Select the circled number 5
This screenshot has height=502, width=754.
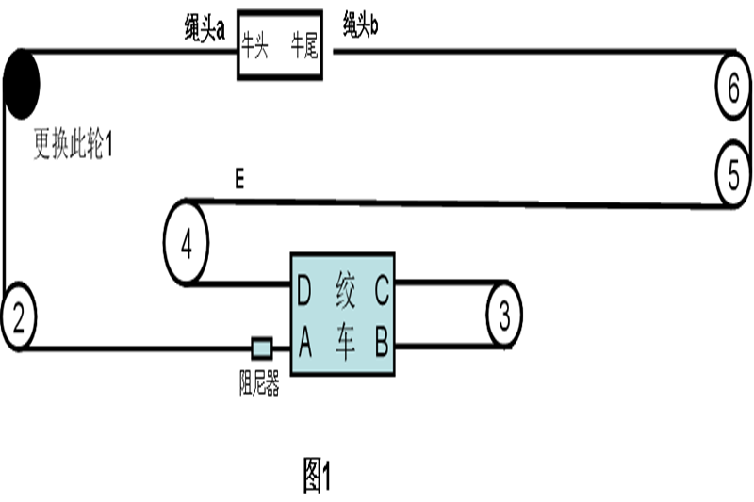[x=733, y=173]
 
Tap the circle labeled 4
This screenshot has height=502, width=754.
[x=186, y=245]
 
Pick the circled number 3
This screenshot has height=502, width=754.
[x=504, y=315]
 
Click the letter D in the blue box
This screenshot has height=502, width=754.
[x=303, y=293]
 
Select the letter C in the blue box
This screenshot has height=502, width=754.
[x=381, y=293]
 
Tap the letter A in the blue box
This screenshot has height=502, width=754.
[x=304, y=345]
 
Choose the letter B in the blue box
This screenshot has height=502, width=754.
[x=381, y=345]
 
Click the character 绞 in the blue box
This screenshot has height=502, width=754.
[x=345, y=293]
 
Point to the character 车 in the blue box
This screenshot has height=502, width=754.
[x=345, y=345]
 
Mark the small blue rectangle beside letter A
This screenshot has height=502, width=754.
[x=262, y=348]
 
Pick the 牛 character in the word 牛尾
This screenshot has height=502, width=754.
[x=298, y=45]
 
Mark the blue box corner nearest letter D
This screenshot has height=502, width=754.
[x=294, y=258]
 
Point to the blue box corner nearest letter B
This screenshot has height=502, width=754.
[x=391, y=370]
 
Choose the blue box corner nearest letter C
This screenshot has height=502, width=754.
[x=391, y=258]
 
